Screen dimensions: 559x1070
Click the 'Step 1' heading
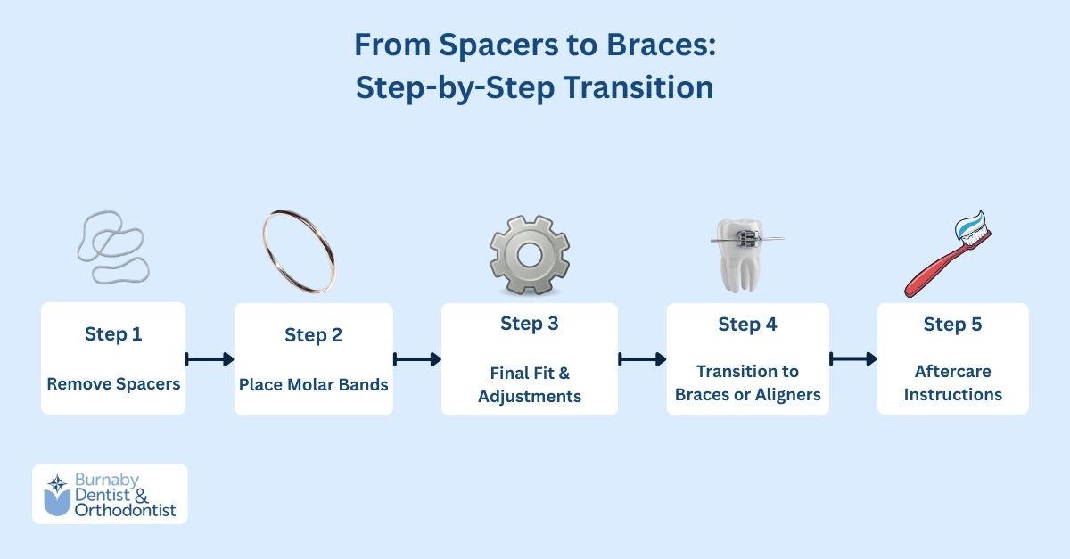pos(113,334)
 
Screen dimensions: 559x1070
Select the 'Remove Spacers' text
pos(113,385)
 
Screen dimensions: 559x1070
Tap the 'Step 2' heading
pos(313,335)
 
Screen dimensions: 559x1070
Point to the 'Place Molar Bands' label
pos(313,385)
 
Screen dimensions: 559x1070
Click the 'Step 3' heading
pos(530,324)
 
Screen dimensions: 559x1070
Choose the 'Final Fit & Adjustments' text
pos(530,384)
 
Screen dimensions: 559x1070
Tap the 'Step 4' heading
pos(747,325)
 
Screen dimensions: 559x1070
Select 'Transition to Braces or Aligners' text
pos(747,383)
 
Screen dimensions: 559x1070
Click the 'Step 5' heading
pos(952,325)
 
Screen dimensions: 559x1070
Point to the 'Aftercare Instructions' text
pos(952,383)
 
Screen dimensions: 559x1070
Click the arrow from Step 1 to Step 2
pos(210,359)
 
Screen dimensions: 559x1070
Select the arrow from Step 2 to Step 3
pos(417,359)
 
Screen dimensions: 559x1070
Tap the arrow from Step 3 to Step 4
pos(642,359)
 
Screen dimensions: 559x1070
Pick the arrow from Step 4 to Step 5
pos(853,359)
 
